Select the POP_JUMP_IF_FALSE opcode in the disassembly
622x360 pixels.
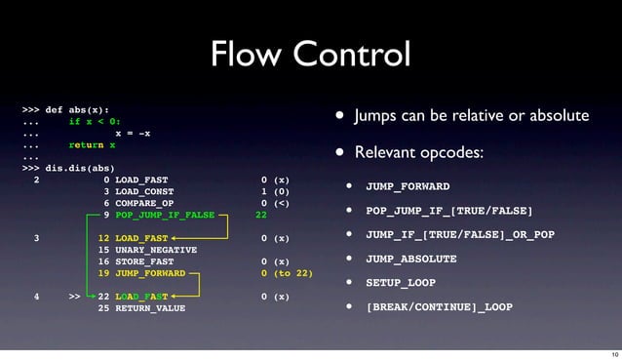pyautogui.click(x=165, y=215)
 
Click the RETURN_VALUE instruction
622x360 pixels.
pyautogui.click(x=148, y=307)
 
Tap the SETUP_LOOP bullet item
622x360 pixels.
pyautogui.click(x=397, y=283)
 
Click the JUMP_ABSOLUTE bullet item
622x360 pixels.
pyautogui.click(x=410, y=259)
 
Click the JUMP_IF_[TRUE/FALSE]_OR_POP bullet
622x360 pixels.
pyautogui.click(x=459, y=234)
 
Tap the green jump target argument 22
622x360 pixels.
pyautogui.click(x=260, y=215)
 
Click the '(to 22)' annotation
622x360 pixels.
pyautogui.click(x=292, y=273)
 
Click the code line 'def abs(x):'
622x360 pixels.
pyautogui.click(x=77, y=110)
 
